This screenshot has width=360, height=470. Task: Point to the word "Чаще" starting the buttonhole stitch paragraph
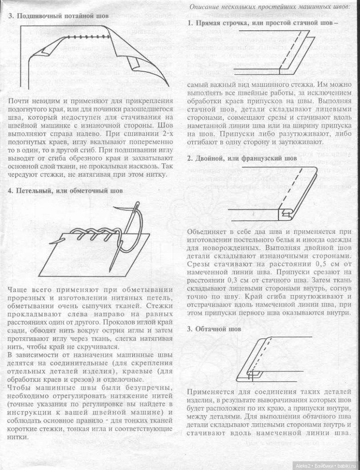(19, 290)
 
